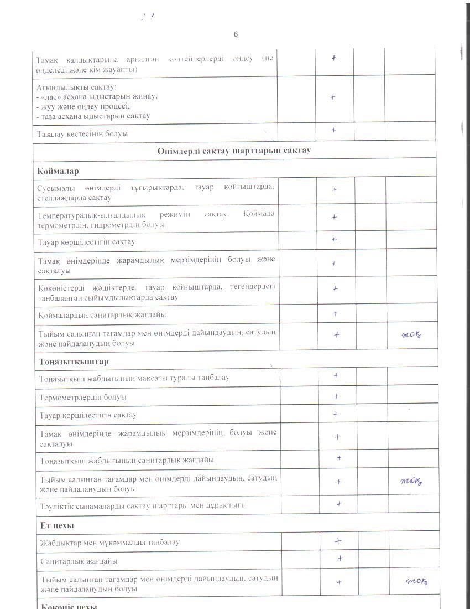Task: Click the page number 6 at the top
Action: pyautogui.click(x=236, y=34)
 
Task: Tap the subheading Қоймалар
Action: pyautogui.click(x=58, y=171)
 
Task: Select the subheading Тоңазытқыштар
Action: pyautogui.click(x=74, y=362)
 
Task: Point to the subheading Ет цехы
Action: pyautogui.click(x=57, y=525)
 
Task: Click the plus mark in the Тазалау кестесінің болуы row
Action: pyautogui.click(x=334, y=130)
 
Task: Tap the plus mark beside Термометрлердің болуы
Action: pyautogui.click(x=336, y=396)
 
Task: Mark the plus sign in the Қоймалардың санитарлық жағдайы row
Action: pyautogui.click(x=336, y=314)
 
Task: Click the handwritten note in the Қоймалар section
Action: pyautogui.click(x=412, y=334)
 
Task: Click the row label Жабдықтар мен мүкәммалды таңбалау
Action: pyautogui.click(x=109, y=542)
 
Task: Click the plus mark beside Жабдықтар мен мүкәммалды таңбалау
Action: pyautogui.click(x=338, y=541)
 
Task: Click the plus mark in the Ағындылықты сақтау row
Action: pyautogui.click(x=333, y=97)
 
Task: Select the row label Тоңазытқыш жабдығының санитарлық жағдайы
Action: pyautogui.click(x=127, y=460)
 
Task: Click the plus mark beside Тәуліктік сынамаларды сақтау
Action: pyautogui.click(x=339, y=504)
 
